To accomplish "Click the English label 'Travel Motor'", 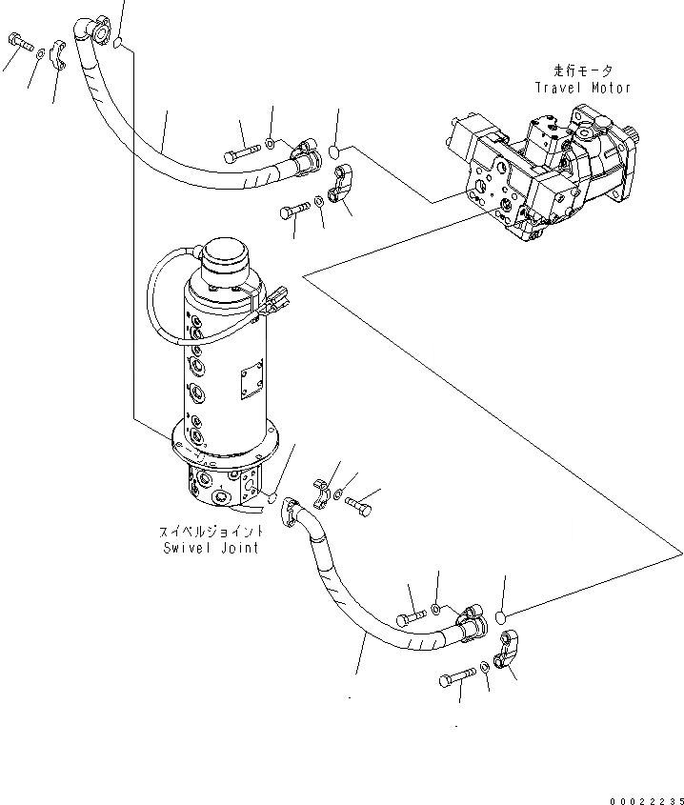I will click(x=582, y=89).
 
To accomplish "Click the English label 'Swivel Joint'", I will click(x=210, y=549).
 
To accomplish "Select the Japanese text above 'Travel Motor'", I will click(x=583, y=71).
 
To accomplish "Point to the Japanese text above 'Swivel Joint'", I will click(x=210, y=533).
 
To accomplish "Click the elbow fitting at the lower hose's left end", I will click(x=296, y=514).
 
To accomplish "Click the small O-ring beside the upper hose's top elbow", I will click(x=116, y=43).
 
